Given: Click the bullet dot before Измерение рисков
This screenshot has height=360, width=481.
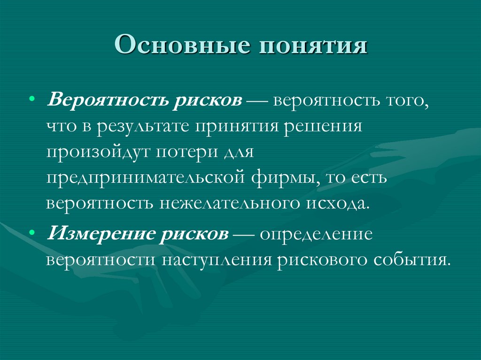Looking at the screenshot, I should coord(31,233).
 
